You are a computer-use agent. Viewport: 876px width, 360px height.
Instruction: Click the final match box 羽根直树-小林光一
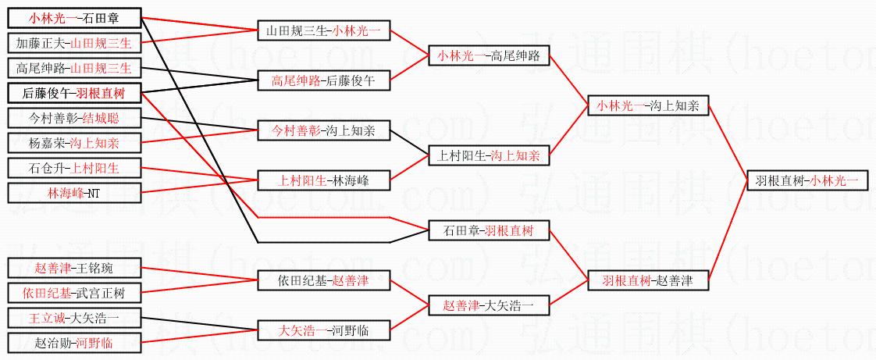click(x=807, y=180)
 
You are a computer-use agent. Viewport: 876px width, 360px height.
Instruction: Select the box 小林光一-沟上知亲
click(x=648, y=105)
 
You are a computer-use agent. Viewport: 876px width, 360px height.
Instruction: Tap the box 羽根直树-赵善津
click(x=648, y=280)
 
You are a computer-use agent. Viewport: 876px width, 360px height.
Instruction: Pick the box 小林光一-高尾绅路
click(x=489, y=55)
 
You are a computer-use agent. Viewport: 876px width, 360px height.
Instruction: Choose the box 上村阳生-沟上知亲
click(x=489, y=155)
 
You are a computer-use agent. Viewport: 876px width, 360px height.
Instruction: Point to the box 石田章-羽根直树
click(x=489, y=230)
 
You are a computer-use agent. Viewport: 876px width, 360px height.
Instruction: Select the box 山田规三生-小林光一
click(x=323, y=30)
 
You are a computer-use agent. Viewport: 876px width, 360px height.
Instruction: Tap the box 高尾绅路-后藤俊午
click(x=323, y=80)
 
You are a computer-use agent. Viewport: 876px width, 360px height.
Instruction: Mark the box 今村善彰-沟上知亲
click(x=323, y=130)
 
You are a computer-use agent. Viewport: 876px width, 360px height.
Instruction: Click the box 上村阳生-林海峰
click(x=323, y=180)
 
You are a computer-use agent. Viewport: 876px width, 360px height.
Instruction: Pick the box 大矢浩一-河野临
click(x=323, y=330)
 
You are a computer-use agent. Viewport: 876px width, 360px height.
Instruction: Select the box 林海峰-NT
click(x=74, y=192)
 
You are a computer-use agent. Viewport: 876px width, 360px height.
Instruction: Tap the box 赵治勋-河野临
click(x=74, y=342)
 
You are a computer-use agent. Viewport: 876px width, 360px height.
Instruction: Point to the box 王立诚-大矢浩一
click(x=74, y=318)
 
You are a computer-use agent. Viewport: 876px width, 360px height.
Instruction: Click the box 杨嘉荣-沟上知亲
click(x=74, y=143)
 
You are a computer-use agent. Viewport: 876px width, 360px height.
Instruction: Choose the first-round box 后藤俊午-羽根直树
click(x=74, y=93)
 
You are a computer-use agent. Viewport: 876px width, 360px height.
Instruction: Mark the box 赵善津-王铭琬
click(x=74, y=268)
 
